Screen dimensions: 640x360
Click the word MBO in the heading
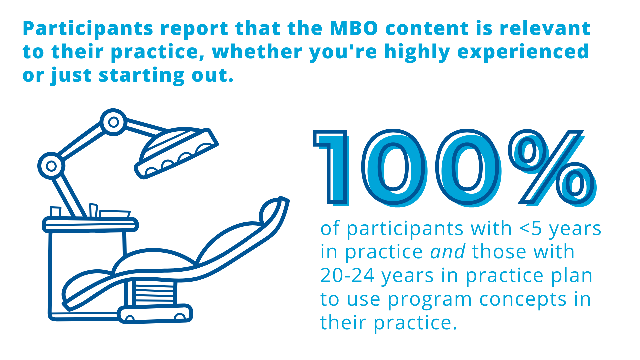(354, 28)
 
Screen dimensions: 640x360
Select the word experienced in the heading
(523, 52)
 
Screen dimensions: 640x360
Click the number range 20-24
(347, 276)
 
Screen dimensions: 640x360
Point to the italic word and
(448, 252)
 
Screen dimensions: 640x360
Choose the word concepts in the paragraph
(523, 300)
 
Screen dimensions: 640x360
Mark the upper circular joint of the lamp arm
(114, 122)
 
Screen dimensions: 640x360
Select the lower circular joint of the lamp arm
(51, 166)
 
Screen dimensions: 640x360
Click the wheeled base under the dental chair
(155, 314)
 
